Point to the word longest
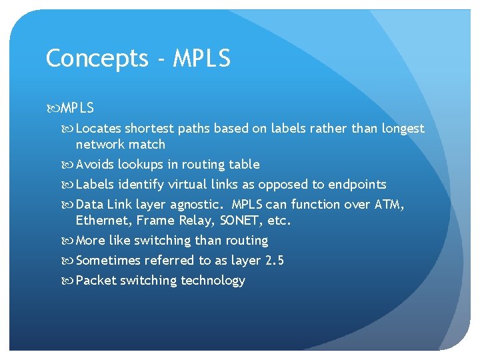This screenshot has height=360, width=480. [x=403, y=129]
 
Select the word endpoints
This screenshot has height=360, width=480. [x=357, y=185]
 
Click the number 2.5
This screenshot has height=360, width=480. [x=275, y=261]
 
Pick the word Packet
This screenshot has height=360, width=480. [x=95, y=281]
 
